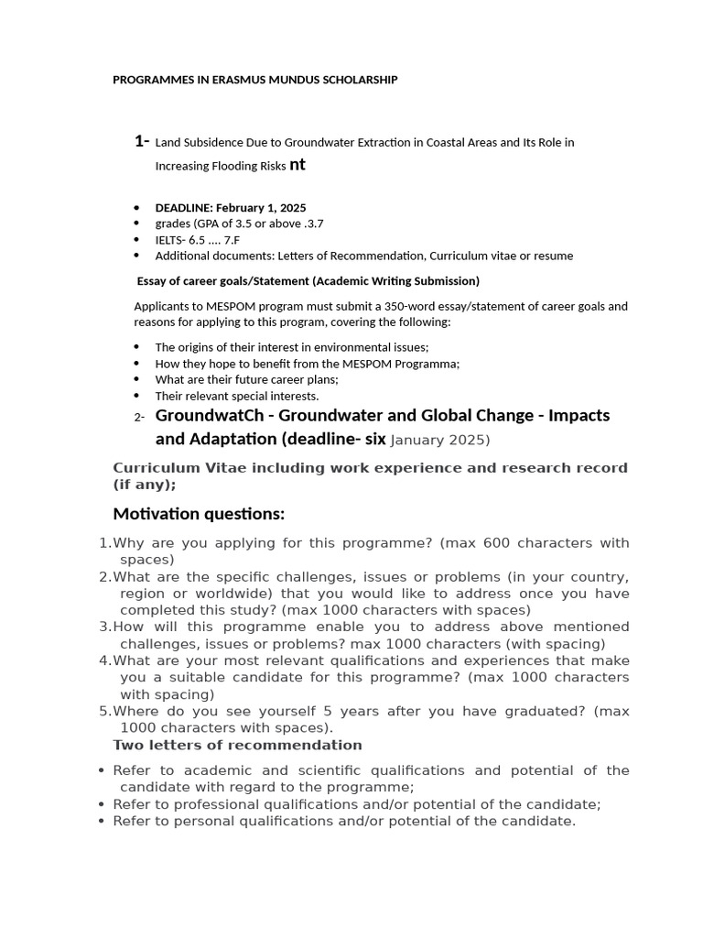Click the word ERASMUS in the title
point(231,81)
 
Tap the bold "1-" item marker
point(142,141)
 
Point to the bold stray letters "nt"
point(297,166)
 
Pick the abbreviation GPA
point(203,224)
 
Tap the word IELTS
point(169,240)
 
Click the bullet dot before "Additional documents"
point(136,256)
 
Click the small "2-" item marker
point(139,418)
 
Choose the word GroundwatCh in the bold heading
point(209,416)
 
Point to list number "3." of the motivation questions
point(104,627)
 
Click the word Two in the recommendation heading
point(127,745)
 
